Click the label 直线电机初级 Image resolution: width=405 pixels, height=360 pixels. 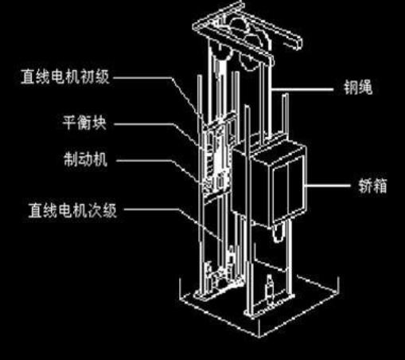[65, 76]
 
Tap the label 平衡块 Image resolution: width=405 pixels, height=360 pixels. [84, 122]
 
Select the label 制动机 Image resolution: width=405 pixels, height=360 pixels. [85, 159]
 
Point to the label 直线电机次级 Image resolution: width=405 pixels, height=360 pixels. [72, 210]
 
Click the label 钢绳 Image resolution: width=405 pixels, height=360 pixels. [358, 88]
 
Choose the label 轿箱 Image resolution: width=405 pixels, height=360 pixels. [372, 186]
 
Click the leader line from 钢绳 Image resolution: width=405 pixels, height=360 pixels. [302, 90]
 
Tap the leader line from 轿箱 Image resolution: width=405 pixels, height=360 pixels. [328, 186]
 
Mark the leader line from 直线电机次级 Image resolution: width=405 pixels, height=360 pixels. [173, 222]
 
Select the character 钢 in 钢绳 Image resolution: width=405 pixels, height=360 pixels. [350, 88]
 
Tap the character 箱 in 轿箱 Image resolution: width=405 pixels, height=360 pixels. [380, 186]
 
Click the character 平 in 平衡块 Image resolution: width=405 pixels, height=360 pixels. [69, 122]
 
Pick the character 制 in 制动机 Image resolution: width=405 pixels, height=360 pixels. [71, 159]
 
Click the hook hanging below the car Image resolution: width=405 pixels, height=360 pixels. [278, 233]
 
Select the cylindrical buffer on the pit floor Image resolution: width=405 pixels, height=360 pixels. [270, 289]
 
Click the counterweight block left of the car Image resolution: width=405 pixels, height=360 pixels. [217, 157]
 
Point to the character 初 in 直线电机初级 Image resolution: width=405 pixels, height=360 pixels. [88, 76]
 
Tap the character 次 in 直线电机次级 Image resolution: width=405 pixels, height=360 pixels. [95, 210]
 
